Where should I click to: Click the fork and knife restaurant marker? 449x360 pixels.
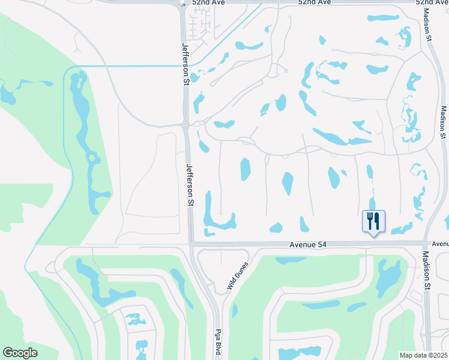373,221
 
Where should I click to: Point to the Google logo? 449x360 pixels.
20,353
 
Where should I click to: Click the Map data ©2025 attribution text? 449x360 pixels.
424,355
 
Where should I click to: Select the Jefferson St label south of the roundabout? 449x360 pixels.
190,186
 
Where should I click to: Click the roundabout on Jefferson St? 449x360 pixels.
185,125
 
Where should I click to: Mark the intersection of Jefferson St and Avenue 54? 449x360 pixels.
191,244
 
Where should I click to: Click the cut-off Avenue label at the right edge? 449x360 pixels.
440,244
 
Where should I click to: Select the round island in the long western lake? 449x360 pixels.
92,158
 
